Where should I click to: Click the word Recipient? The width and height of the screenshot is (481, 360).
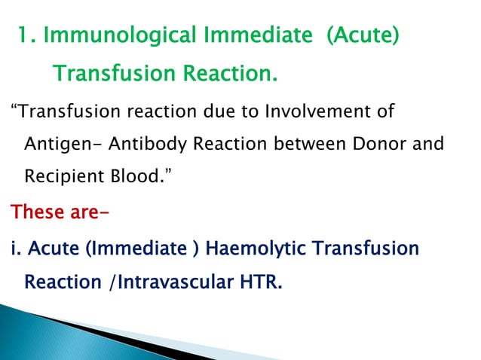(66, 175)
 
